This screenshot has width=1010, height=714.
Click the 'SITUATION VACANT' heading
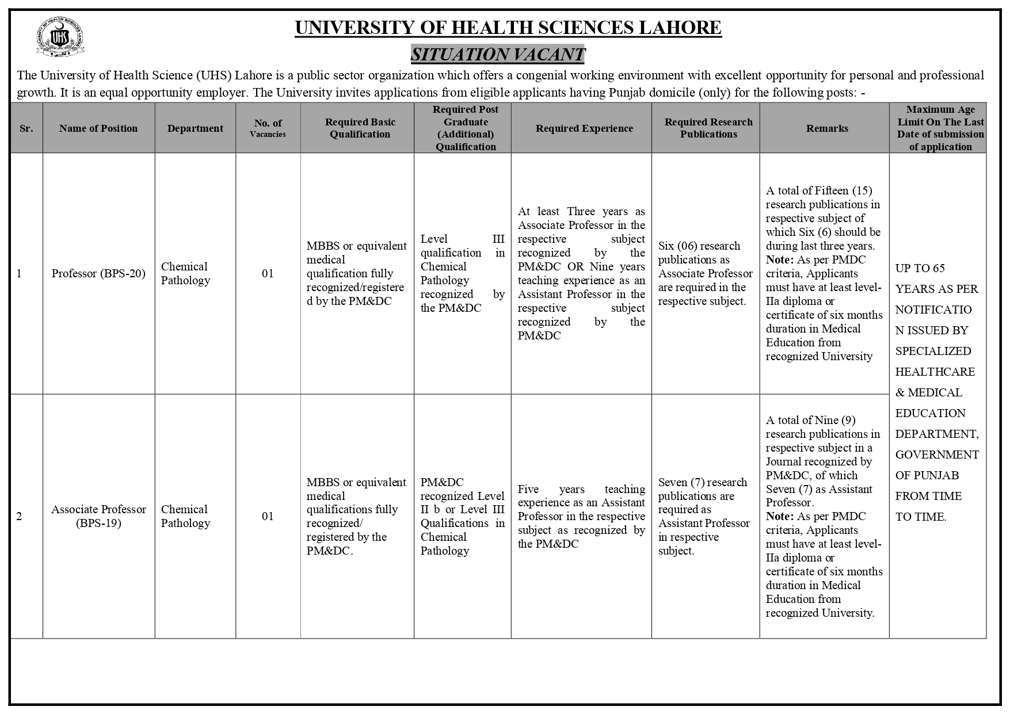(x=498, y=55)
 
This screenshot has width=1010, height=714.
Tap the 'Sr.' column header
(x=26, y=128)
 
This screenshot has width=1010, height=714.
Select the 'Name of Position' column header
(x=98, y=128)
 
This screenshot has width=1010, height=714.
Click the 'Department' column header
(x=195, y=128)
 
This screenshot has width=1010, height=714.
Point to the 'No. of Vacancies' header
(x=268, y=128)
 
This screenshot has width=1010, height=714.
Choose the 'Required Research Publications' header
(x=708, y=128)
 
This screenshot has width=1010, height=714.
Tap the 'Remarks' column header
(x=827, y=128)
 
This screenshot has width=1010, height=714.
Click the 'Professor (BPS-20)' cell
(x=98, y=273)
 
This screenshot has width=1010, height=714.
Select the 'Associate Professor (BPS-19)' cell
(x=98, y=516)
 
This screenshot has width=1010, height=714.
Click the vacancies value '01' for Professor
(x=268, y=273)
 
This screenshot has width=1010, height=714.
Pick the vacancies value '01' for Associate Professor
(x=268, y=516)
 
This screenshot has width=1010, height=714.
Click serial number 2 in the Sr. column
(x=19, y=516)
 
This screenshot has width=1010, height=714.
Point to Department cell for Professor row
(x=185, y=273)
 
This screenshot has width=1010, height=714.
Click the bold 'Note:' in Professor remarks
(x=780, y=259)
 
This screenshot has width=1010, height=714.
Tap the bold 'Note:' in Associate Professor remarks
(x=780, y=516)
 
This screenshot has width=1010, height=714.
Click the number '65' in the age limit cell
(x=939, y=268)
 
